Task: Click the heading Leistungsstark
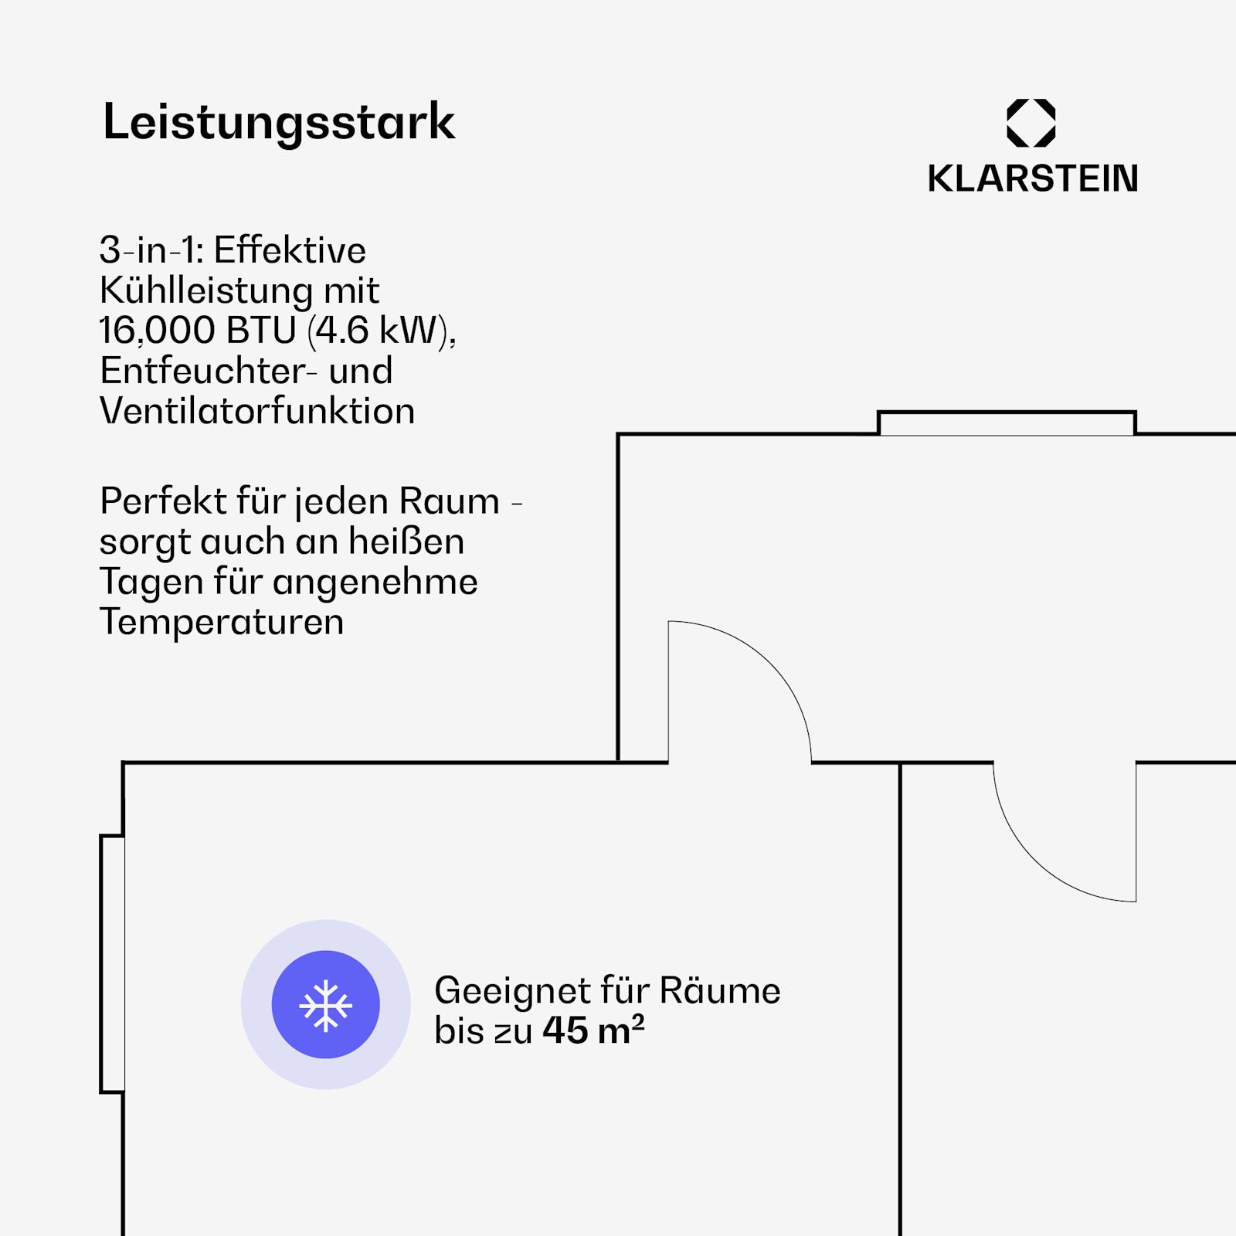click(279, 122)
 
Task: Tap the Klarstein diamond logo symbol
click(1031, 123)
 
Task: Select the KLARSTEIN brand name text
click(1033, 178)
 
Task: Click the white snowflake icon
click(326, 1005)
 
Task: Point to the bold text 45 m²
click(593, 1030)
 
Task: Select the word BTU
click(262, 331)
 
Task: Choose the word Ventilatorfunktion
click(257, 411)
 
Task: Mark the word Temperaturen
click(222, 623)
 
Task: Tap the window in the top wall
click(1007, 423)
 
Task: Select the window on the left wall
click(113, 964)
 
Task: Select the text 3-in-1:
click(151, 250)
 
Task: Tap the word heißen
click(406, 542)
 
